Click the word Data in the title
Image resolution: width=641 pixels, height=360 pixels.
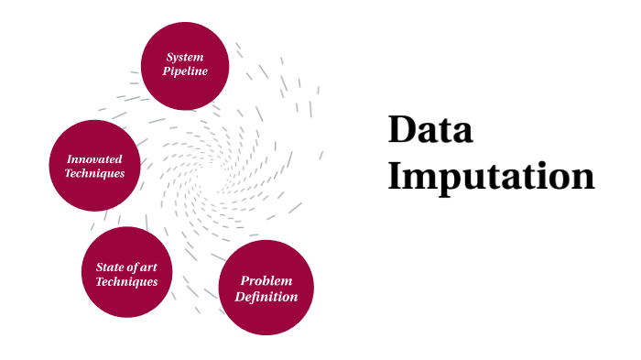pyautogui.click(x=430, y=130)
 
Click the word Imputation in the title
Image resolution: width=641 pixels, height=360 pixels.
pyautogui.click(x=491, y=176)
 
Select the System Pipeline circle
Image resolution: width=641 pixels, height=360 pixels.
pyautogui.click(x=185, y=65)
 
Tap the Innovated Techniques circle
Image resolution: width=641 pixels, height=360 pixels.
pyautogui.click(x=95, y=166)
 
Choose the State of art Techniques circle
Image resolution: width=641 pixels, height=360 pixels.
pyautogui.click(x=127, y=273)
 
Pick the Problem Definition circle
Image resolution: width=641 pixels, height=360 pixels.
pyautogui.click(x=266, y=288)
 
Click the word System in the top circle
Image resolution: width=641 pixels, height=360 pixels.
pyautogui.click(x=185, y=58)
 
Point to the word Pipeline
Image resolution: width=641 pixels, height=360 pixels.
pyautogui.click(x=185, y=71)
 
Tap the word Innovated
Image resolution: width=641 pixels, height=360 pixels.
pyautogui.click(x=95, y=158)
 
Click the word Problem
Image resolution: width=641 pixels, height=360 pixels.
pyautogui.click(x=266, y=280)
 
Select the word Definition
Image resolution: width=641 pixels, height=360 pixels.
pyautogui.click(x=266, y=296)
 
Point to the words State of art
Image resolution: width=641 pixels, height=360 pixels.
pyautogui.click(x=127, y=267)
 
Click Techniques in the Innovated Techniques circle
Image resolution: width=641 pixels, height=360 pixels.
pyautogui.click(x=95, y=173)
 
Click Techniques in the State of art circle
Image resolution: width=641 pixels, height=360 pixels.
pyautogui.click(x=127, y=281)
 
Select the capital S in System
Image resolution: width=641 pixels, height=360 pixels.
pyautogui.click(x=170, y=58)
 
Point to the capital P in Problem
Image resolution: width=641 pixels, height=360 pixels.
pyautogui.click(x=245, y=280)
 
